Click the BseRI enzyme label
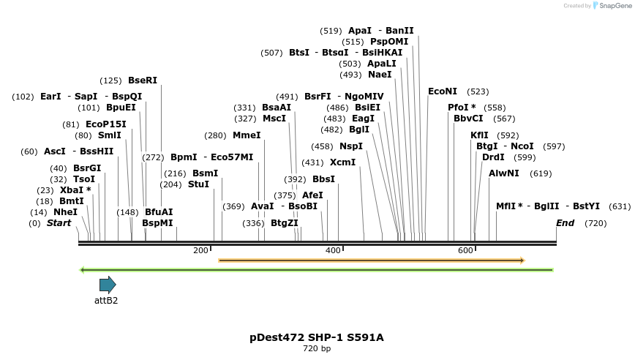tap(143, 80)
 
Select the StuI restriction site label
tap(198, 184)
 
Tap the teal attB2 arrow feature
tap(108, 285)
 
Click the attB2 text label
tap(106, 300)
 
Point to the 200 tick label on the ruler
tap(200, 251)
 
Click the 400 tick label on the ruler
tap(333, 251)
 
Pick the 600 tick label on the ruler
tap(465, 251)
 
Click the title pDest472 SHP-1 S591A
tap(317, 337)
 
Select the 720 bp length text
tap(317, 349)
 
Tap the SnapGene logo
tap(612, 5)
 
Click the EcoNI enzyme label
tap(443, 91)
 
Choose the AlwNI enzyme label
tap(504, 173)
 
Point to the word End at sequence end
tap(565, 223)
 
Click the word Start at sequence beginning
tap(59, 223)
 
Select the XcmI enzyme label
tap(342, 162)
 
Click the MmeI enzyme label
tap(247, 135)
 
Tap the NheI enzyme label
tap(65, 212)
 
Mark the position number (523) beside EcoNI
tap(478, 91)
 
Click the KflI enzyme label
tap(479, 135)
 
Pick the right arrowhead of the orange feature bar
tap(522, 260)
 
